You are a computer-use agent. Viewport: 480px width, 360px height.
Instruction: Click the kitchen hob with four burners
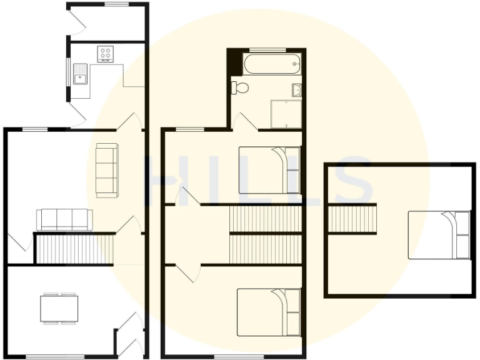tap(105, 54)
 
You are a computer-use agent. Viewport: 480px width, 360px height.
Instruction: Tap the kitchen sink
tap(80, 78)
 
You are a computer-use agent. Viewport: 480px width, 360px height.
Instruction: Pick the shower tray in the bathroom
tap(286, 112)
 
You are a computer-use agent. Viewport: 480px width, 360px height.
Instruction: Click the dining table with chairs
tap(59, 307)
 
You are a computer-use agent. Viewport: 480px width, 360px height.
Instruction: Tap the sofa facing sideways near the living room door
tap(106, 170)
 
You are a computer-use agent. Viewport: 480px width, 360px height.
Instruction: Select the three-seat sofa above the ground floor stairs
tap(64, 219)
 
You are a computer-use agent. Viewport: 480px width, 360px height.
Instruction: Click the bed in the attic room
tap(439, 234)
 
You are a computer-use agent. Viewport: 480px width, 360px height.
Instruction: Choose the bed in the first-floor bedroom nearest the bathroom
tap(269, 170)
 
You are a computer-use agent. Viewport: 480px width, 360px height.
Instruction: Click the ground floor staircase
tap(74, 249)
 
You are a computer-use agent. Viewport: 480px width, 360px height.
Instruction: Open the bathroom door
tap(244, 122)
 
